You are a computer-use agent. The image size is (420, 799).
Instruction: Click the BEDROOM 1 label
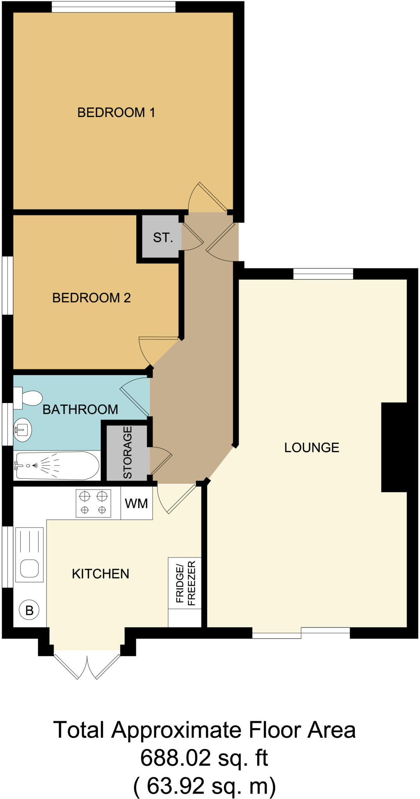[x=116, y=112]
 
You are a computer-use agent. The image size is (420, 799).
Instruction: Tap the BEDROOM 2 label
[x=91, y=298]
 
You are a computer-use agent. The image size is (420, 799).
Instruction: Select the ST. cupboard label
[x=163, y=237]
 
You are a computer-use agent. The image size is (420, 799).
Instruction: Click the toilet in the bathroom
[x=28, y=398]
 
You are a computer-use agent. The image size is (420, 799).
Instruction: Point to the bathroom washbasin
[x=22, y=430]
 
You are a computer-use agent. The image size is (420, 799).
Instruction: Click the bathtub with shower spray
[x=57, y=465]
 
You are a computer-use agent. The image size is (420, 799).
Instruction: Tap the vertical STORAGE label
[x=128, y=452]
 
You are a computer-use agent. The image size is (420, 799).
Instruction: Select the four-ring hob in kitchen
[x=93, y=503]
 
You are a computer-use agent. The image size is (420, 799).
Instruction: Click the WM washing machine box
[x=136, y=503]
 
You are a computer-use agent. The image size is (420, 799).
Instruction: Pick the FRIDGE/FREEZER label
[x=185, y=583]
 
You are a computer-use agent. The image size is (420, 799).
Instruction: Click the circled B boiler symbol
[x=29, y=610]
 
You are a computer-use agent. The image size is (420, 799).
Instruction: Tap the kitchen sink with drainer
[x=29, y=554]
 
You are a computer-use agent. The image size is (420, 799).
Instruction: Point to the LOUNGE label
[x=311, y=447]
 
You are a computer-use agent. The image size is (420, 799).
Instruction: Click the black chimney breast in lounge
[x=394, y=447]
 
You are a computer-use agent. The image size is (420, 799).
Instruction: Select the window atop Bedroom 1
[x=114, y=7]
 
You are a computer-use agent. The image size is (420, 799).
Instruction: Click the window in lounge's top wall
[x=323, y=274]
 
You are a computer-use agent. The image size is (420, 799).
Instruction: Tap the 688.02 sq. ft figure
[x=204, y=758]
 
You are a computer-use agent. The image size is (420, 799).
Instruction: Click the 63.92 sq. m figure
[x=205, y=786]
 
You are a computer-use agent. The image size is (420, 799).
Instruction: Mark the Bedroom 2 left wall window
[x=7, y=285]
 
